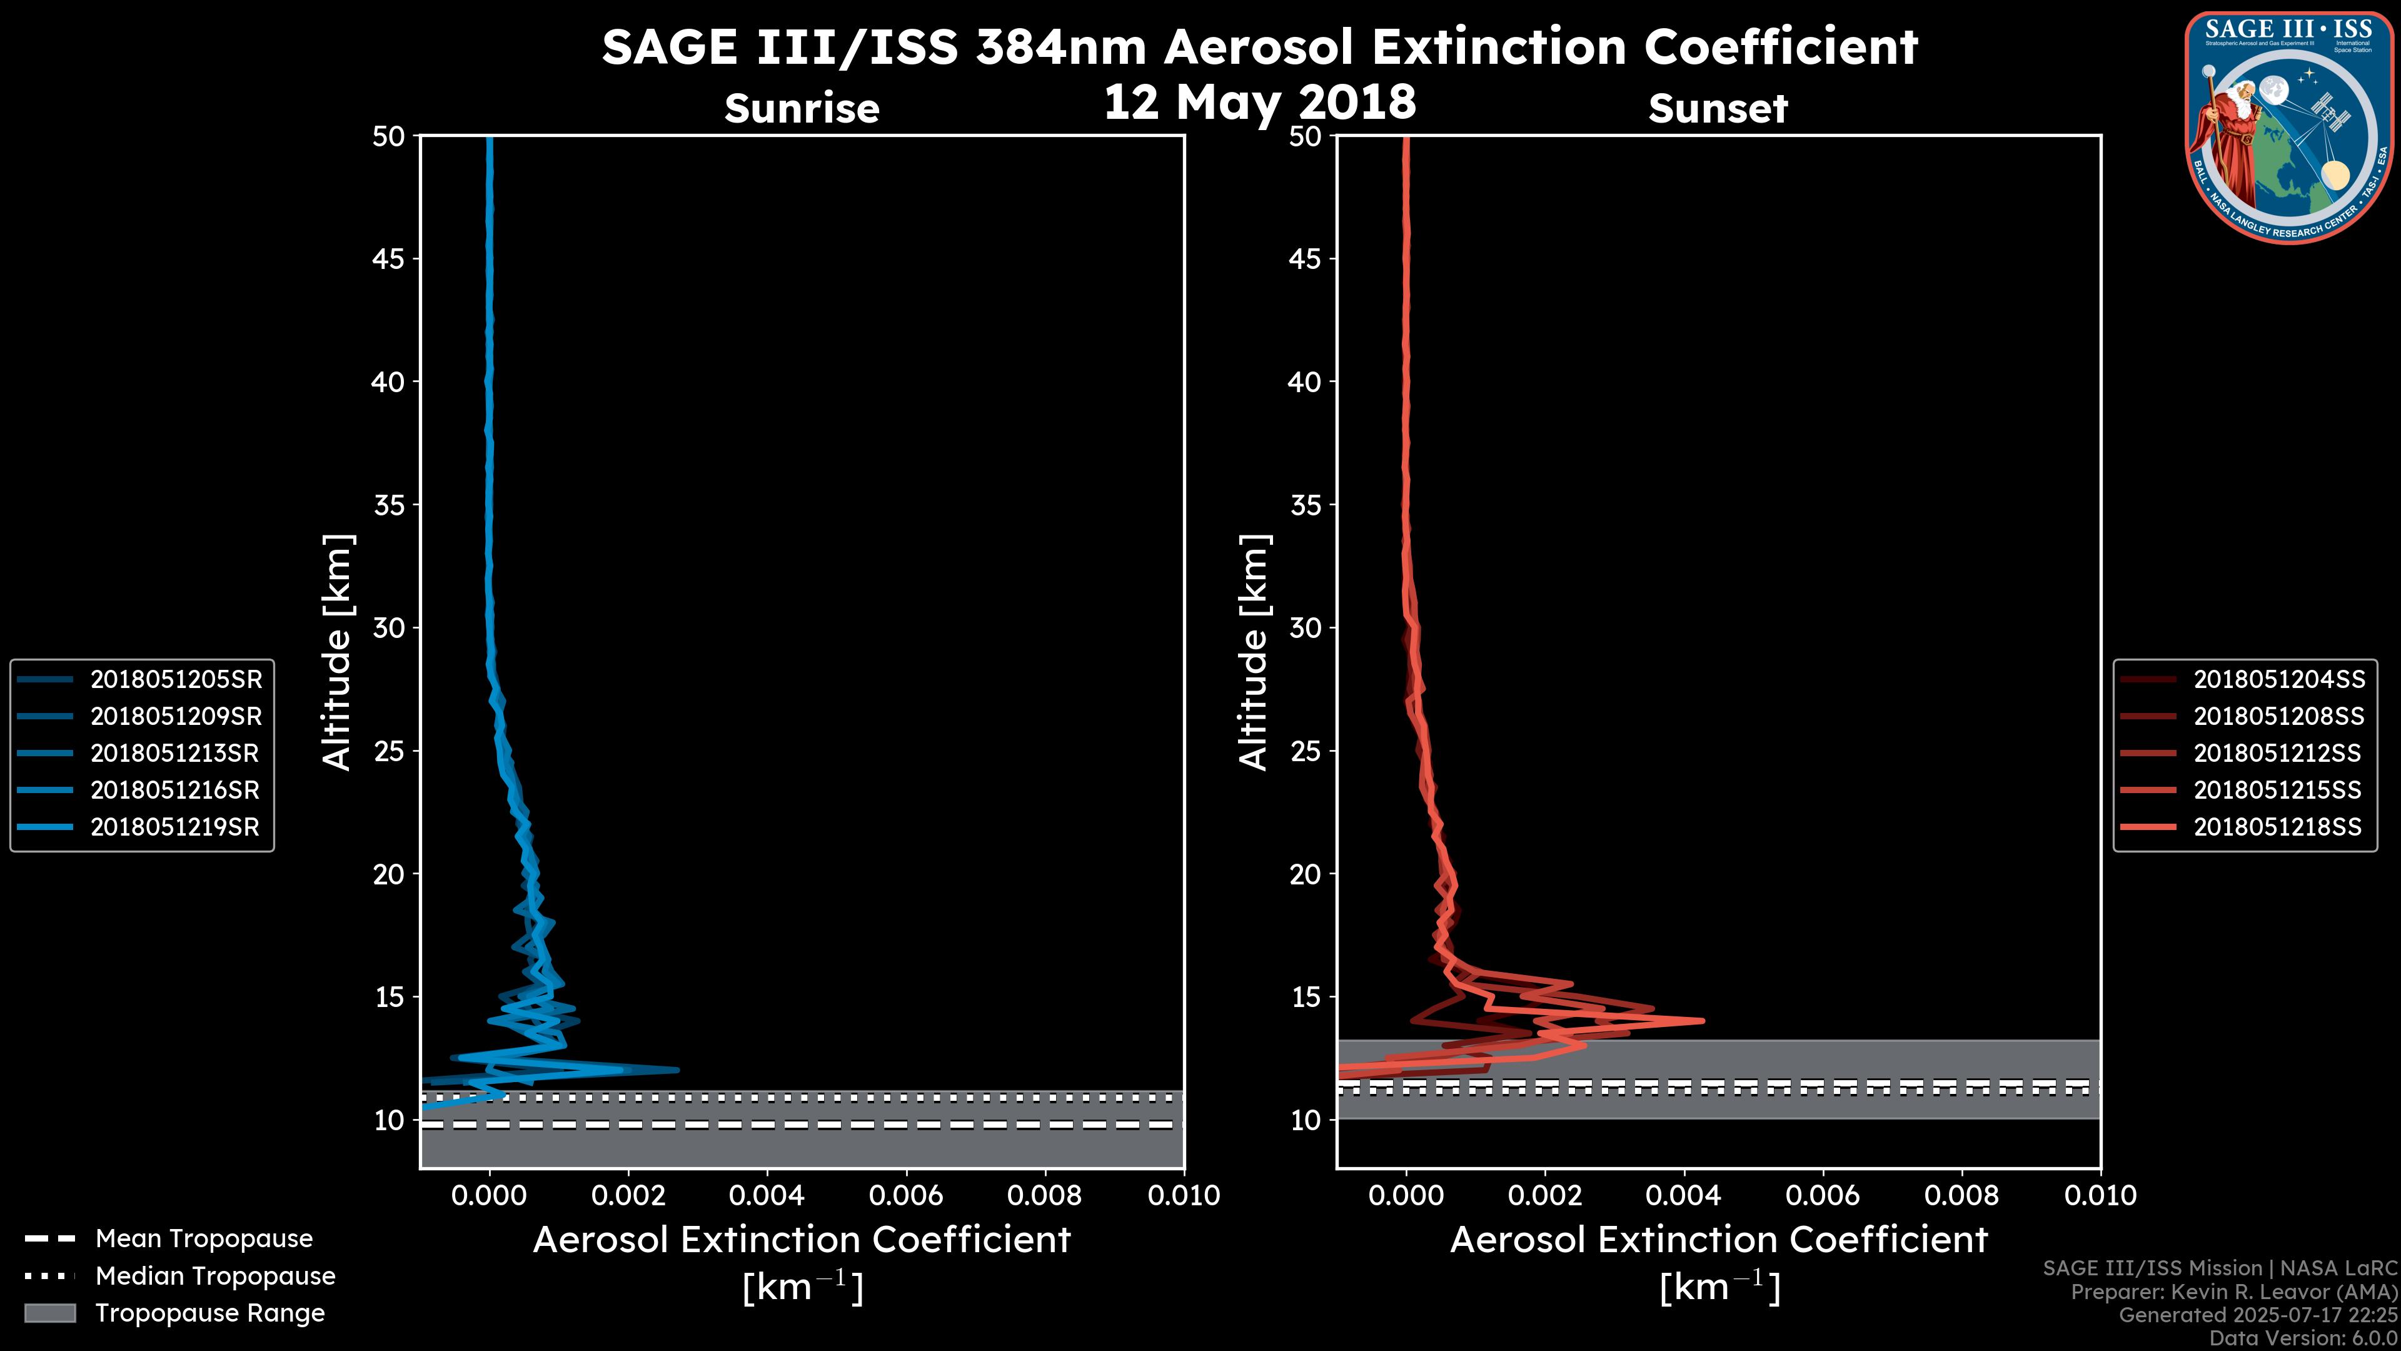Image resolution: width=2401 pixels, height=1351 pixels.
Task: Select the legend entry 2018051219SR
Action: pos(175,827)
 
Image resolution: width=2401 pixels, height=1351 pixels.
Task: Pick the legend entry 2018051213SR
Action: pos(175,753)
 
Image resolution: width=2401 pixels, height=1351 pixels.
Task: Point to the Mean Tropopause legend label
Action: pos(204,1238)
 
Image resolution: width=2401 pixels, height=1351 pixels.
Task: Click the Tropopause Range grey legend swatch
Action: pos(49,1313)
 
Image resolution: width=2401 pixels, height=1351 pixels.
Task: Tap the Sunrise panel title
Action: pos(802,109)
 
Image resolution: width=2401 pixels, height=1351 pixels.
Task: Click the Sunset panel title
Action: pos(1718,109)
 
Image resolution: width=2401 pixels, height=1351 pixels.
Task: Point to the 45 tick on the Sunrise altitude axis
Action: pos(389,258)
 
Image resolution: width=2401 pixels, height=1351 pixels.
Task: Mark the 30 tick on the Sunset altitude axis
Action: pos(1306,627)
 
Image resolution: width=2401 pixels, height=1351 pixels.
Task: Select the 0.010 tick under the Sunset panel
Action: pos(2100,1195)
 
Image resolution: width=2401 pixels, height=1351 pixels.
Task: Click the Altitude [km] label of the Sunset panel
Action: pos(1254,652)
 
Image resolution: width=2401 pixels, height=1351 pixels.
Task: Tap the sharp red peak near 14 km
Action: pos(1702,1020)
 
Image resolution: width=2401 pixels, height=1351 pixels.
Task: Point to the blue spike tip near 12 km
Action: pos(677,1070)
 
